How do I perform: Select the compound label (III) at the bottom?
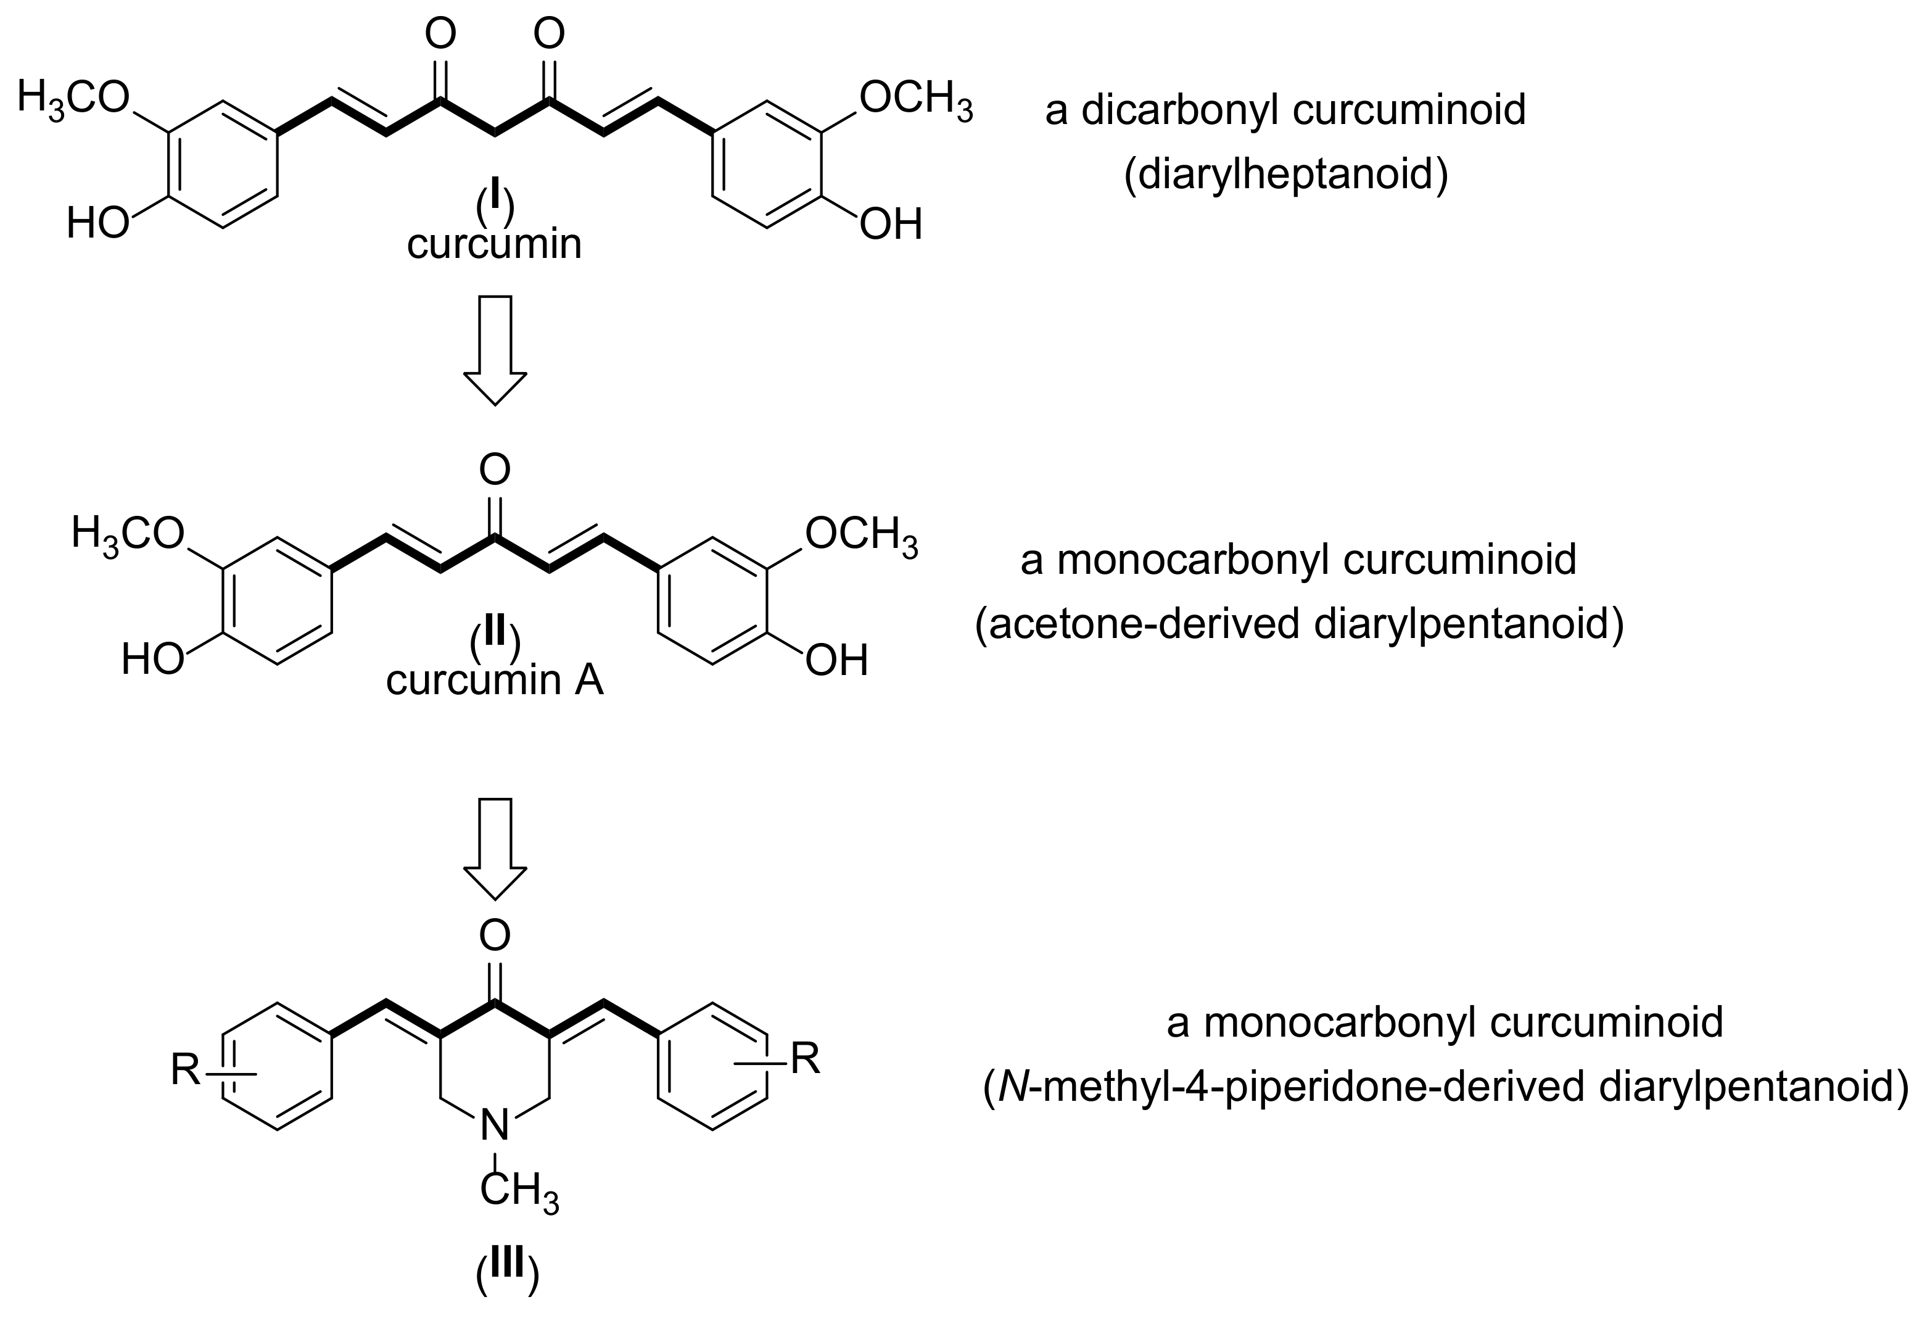pos(507,1274)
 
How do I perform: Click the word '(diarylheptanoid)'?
pos(1285,175)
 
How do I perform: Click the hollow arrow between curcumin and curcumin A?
pos(495,349)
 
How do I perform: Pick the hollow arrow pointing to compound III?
pos(495,848)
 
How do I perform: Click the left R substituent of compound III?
pos(186,1070)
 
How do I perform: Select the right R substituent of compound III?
pos(805,1058)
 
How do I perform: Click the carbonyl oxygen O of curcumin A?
pos(495,470)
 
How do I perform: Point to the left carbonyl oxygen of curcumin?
pos(439,34)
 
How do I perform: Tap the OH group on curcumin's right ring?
pos(891,225)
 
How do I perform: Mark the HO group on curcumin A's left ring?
pos(152,661)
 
